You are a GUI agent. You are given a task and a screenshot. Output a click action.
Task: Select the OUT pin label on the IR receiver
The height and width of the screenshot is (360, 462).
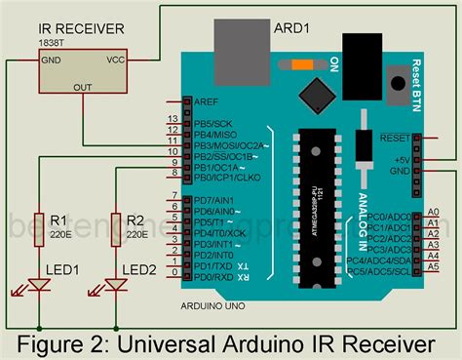[80, 86]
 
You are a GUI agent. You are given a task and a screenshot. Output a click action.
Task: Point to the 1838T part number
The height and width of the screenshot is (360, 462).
[54, 44]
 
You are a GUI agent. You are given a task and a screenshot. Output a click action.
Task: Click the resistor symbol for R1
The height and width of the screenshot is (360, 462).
[39, 224]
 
